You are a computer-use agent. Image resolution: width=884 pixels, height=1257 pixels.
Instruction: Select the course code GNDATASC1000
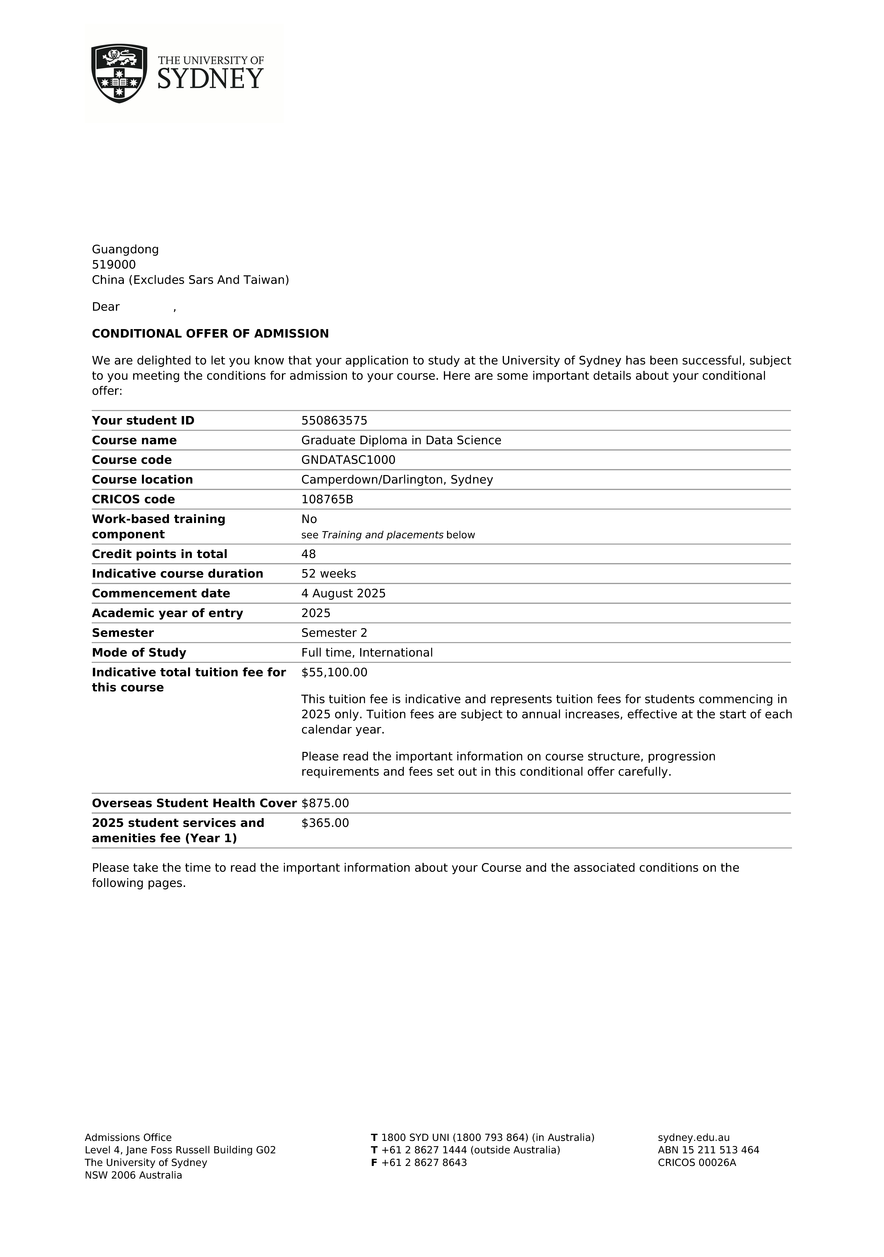[x=348, y=460]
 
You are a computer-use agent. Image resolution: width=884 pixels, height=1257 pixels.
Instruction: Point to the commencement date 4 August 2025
[x=343, y=594]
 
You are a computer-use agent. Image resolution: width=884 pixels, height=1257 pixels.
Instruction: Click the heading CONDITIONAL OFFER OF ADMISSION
[x=210, y=333]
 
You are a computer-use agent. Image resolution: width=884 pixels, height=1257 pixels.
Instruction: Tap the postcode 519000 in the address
[x=114, y=264]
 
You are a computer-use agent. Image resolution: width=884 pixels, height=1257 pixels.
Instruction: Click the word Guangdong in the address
[x=125, y=249]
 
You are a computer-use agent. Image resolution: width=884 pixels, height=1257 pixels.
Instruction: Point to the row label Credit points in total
[x=159, y=554]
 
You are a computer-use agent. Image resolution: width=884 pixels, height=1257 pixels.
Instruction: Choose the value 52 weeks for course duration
[x=328, y=574]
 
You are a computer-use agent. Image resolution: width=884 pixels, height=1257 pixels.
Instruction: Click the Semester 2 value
[x=334, y=633]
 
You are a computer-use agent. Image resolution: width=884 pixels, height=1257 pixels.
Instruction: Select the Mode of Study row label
[x=139, y=653]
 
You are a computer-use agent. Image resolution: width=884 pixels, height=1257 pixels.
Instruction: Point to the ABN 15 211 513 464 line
[x=708, y=1150]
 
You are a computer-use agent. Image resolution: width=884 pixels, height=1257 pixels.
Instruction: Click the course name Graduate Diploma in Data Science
[x=401, y=440]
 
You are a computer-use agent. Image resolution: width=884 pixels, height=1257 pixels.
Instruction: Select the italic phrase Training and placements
[x=382, y=535]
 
